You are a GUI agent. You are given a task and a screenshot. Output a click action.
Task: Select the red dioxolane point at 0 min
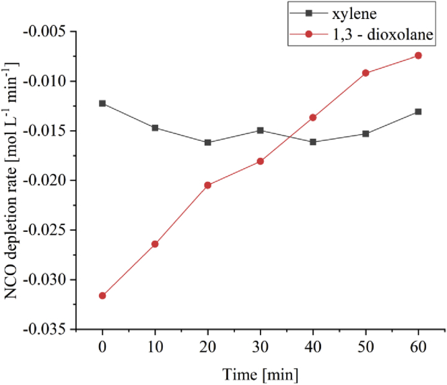coord(102,295)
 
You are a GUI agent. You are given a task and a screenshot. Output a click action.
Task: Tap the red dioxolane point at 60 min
coord(418,55)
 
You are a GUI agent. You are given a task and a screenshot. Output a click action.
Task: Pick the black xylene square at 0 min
coord(102,103)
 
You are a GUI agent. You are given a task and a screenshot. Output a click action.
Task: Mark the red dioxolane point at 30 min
coord(261,161)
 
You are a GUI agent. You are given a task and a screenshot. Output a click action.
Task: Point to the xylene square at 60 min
coord(418,111)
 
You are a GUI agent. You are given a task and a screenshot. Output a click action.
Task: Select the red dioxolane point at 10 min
coord(155,244)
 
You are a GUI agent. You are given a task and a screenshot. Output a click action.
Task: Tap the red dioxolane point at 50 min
coord(366,73)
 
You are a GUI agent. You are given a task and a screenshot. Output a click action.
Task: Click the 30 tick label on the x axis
coord(261,345)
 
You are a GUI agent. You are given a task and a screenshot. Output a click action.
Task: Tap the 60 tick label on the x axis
coord(418,345)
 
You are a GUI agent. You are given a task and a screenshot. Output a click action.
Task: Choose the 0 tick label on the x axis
coord(102,345)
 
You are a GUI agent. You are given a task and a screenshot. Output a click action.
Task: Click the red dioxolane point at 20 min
coord(207,185)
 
